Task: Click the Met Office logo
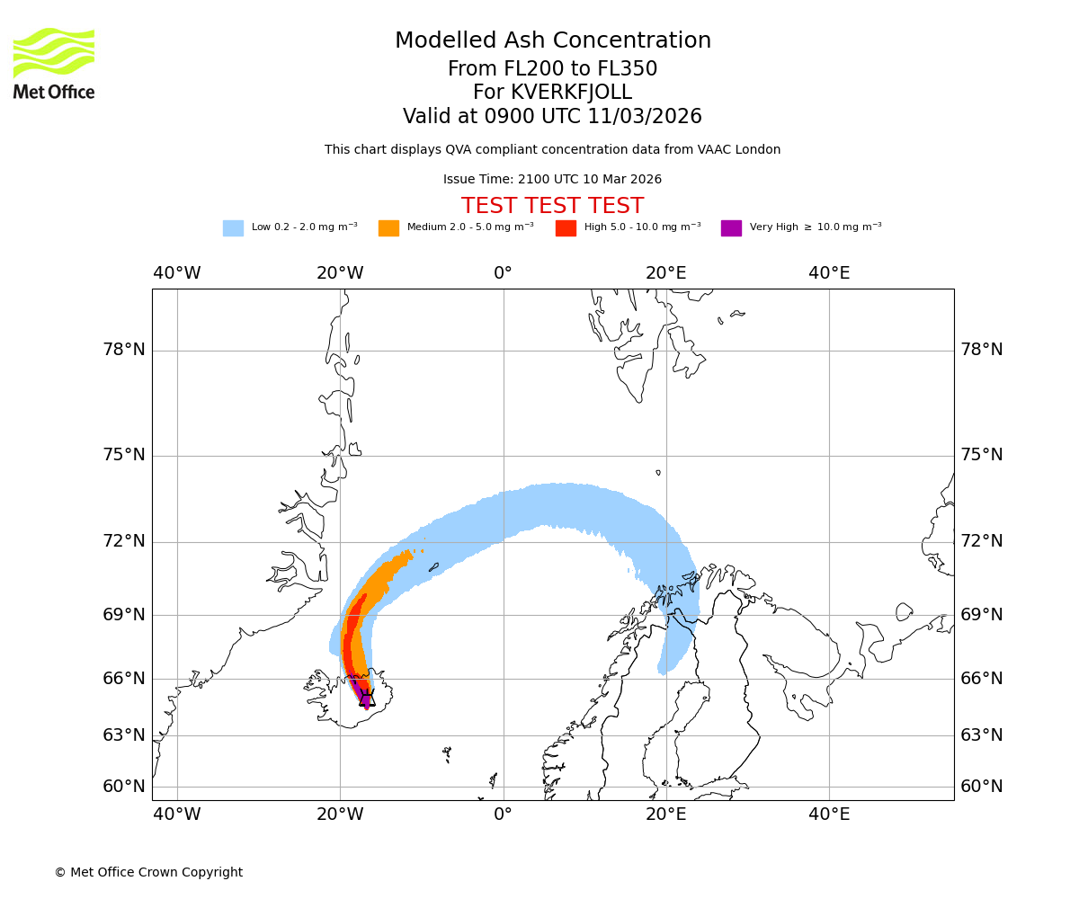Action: click(x=54, y=63)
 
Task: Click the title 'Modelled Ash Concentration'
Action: click(x=553, y=40)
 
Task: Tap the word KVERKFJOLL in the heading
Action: click(x=571, y=93)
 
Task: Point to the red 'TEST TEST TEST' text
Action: click(x=552, y=206)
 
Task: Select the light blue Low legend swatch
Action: click(x=233, y=228)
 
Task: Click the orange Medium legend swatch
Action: click(x=388, y=228)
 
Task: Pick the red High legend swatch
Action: click(x=566, y=228)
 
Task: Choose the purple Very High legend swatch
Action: click(x=731, y=228)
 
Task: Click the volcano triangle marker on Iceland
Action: click(x=366, y=699)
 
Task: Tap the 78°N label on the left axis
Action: click(x=124, y=350)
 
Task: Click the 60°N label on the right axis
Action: click(x=982, y=787)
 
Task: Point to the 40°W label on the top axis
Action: click(x=177, y=273)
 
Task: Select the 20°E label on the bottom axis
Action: click(x=666, y=814)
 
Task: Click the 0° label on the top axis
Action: click(x=503, y=273)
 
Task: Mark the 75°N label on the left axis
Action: click(x=124, y=455)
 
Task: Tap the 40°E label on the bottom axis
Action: click(x=829, y=814)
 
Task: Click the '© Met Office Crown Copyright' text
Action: click(x=148, y=872)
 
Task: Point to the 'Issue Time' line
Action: click(x=552, y=179)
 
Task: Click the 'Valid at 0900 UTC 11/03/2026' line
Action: click(x=552, y=117)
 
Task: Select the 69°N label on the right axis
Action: click(x=982, y=615)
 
